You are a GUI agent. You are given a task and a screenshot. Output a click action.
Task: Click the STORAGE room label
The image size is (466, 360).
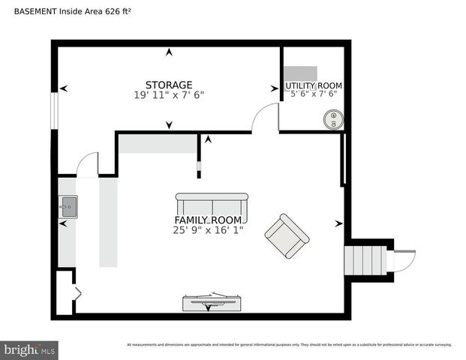click(x=169, y=85)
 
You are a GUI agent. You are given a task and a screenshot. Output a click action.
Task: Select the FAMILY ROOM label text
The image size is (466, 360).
click(x=208, y=220)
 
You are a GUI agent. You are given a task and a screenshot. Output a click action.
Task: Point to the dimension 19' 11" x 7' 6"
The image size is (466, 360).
click(x=169, y=95)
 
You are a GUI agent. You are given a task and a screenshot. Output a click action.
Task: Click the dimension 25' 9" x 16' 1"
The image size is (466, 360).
click(x=208, y=230)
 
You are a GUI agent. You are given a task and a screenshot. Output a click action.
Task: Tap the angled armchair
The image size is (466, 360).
click(x=287, y=235)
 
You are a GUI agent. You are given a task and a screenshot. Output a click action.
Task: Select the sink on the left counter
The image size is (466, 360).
click(x=68, y=205)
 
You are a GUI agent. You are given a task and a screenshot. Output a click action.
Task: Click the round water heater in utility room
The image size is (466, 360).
click(x=332, y=119)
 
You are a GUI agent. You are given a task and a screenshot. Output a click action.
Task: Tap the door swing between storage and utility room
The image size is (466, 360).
click(x=264, y=118)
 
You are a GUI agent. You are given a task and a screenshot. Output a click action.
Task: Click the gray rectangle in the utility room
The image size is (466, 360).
click(x=300, y=73)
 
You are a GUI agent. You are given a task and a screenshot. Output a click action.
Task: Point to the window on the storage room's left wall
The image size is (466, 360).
click(x=53, y=110)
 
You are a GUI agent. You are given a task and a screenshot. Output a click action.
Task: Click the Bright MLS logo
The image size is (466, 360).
click(x=29, y=349)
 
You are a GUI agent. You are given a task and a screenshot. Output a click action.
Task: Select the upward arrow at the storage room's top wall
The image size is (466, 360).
click(x=169, y=52)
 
